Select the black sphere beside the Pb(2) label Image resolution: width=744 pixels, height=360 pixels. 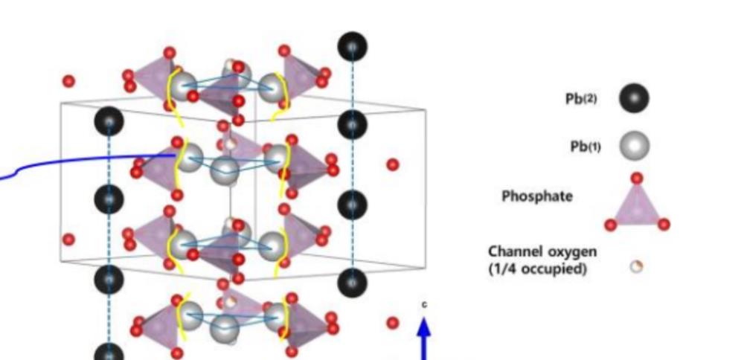click(633, 98)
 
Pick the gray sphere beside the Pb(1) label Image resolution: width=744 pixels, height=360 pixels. click(634, 146)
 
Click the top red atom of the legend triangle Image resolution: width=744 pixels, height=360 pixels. click(637, 179)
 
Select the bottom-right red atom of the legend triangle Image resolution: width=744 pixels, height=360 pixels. click(664, 224)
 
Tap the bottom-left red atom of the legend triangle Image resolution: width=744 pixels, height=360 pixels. click(610, 225)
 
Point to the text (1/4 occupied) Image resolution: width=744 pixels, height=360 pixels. click(537, 268)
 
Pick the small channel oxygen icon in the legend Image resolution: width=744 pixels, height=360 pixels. click(636, 266)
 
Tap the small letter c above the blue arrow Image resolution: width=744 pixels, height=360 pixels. click(425, 305)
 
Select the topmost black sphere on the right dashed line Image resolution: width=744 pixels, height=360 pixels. click(352, 47)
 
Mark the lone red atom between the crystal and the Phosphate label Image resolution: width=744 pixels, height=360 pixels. click(392, 164)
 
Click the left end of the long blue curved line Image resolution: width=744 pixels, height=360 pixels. click(2, 178)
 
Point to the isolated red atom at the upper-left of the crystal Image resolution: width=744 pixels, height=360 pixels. click(69, 81)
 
